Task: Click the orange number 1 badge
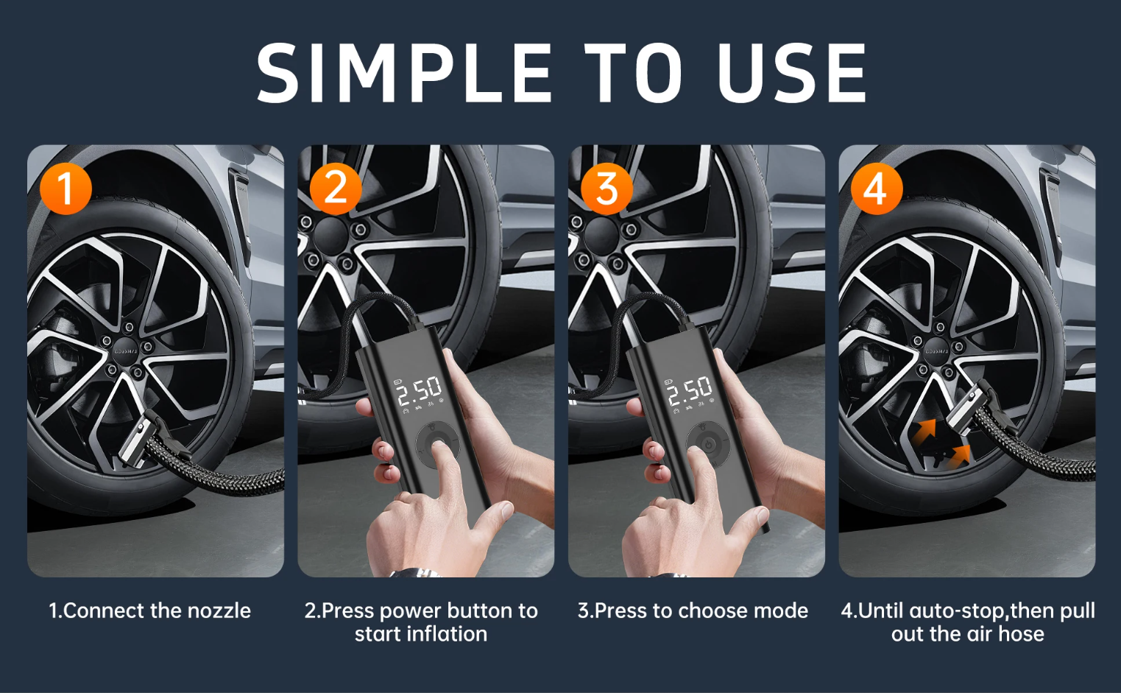66,189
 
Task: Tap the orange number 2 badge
336,189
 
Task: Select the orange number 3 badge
607,189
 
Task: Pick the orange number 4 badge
877,189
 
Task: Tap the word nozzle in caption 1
219,611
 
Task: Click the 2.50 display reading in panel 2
420,391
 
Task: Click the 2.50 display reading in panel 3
690,391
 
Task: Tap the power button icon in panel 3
709,444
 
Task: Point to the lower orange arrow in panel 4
960,456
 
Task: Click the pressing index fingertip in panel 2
439,447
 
